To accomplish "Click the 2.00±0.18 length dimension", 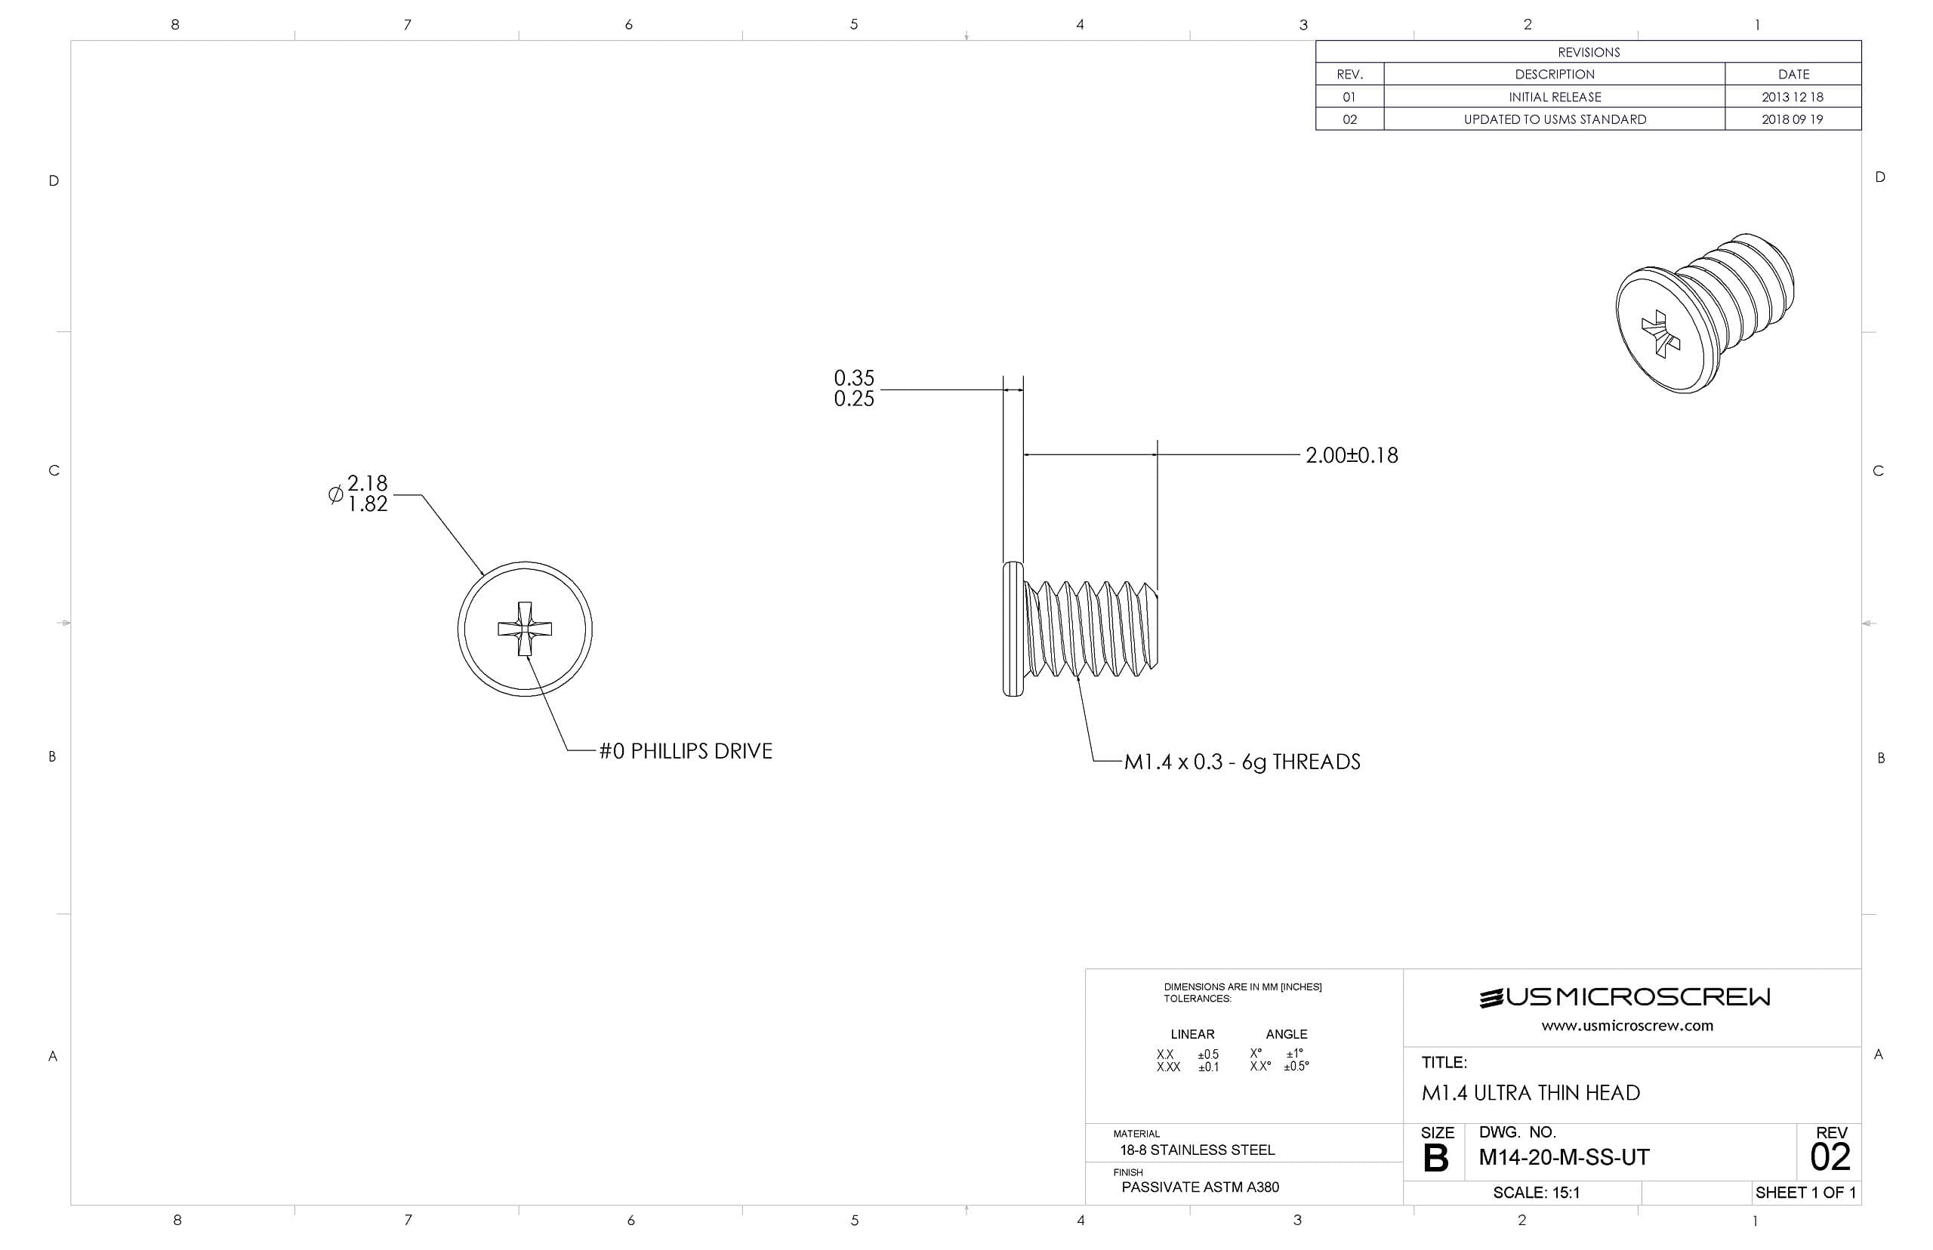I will (x=1351, y=455).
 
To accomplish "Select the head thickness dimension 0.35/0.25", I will (x=853, y=388).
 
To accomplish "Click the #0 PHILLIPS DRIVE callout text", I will (x=685, y=751).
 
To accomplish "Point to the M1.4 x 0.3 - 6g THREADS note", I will (x=1241, y=762).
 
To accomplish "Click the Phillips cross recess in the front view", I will (x=525, y=629).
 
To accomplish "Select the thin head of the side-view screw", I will (x=1013, y=629).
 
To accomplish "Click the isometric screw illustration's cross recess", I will (x=1660, y=334).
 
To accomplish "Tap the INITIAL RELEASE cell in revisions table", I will (x=1554, y=97).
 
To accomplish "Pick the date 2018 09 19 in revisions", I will (x=1792, y=119).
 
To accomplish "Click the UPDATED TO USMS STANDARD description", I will (x=1554, y=119).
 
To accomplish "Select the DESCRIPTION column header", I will (x=1554, y=74).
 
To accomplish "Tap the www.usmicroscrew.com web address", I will (x=1626, y=1025).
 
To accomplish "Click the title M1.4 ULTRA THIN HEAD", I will (x=1530, y=1092).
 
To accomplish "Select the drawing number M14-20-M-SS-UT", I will (x=1563, y=1156).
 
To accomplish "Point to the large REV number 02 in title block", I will (x=1829, y=1156).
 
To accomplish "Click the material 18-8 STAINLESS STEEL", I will (x=1197, y=1150).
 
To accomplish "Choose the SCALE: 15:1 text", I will (x=1535, y=1193).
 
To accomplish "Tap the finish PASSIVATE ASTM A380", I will (x=1199, y=1187).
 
